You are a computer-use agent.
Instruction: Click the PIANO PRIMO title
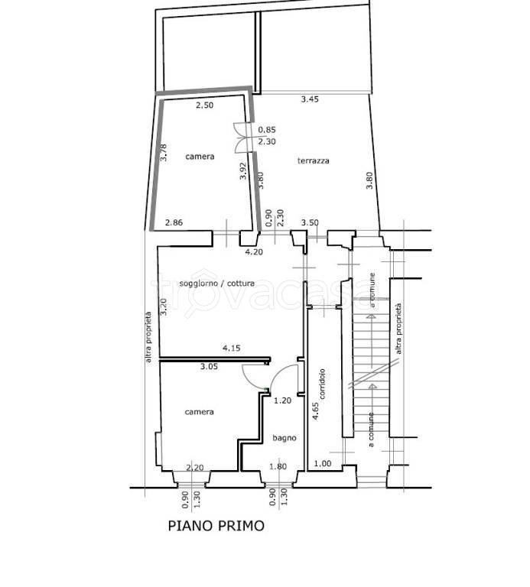click(x=216, y=526)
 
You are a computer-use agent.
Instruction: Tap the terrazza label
click(x=313, y=161)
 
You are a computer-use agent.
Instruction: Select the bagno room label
click(x=285, y=438)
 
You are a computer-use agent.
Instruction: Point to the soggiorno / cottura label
click(x=217, y=283)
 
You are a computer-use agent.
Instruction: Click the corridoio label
click(x=322, y=384)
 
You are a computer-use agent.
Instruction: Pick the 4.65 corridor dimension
click(x=315, y=411)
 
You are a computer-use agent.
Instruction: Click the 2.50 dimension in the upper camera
click(x=204, y=105)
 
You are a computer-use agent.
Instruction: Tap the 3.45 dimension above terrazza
click(x=310, y=99)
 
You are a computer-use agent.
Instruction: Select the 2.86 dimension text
click(x=174, y=222)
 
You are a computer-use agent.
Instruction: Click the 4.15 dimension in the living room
click(x=232, y=349)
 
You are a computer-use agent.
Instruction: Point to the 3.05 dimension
click(x=209, y=367)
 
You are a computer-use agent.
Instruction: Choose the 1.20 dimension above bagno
click(x=282, y=401)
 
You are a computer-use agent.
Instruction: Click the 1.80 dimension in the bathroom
click(x=278, y=466)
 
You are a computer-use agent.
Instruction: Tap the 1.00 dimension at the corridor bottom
click(x=323, y=463)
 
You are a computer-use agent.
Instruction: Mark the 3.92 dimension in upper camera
click(x=243, y=170)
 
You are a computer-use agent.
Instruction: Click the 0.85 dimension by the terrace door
click(x=267, y=130)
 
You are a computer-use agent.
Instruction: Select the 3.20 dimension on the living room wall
click(x=164, y=306)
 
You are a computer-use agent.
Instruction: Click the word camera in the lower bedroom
click(x=200, y=412)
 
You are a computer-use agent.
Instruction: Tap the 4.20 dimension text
click(x=254, y=252)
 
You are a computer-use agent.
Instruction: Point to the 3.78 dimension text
click(x=164, y=153)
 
